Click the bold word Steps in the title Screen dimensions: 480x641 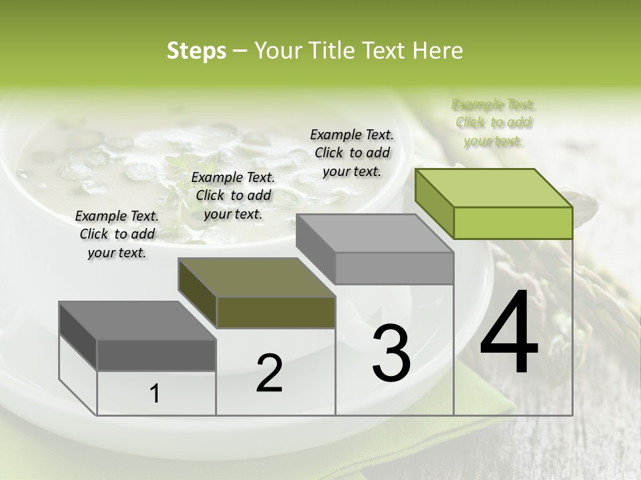click(196, 51)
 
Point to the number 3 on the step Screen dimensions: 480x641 click(391, 353)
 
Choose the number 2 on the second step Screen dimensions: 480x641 click(269, 373)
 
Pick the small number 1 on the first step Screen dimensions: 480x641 click(155, 393)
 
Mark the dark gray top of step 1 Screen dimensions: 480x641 click(138, 321)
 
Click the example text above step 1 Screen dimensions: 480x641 click(117, 235)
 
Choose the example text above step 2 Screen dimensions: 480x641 click(233, 195)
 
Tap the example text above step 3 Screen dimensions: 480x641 click(352, 153)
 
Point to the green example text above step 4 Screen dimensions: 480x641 click(493, 123)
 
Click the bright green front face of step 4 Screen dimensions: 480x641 click(513, 223)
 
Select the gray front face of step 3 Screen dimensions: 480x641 click(394, 268)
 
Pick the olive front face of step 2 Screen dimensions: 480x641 click(276, 312)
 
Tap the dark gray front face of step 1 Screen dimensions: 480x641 click(156, 355)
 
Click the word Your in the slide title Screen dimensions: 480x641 click(276, 51)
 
